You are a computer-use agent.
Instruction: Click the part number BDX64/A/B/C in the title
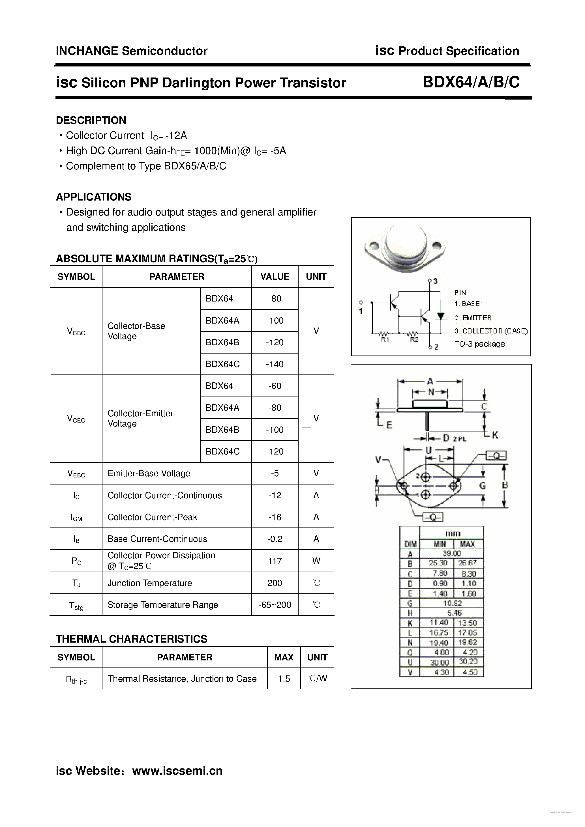(471, 83)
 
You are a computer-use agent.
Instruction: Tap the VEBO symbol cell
(76, 474)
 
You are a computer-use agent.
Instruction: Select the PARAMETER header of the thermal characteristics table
(185, 657)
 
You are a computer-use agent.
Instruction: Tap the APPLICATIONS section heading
(94, 197)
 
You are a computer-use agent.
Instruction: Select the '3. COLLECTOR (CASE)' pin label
(491, 331)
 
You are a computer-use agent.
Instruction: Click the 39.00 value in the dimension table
(452, 553)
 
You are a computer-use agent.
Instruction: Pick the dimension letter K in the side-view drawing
(495, 435)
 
